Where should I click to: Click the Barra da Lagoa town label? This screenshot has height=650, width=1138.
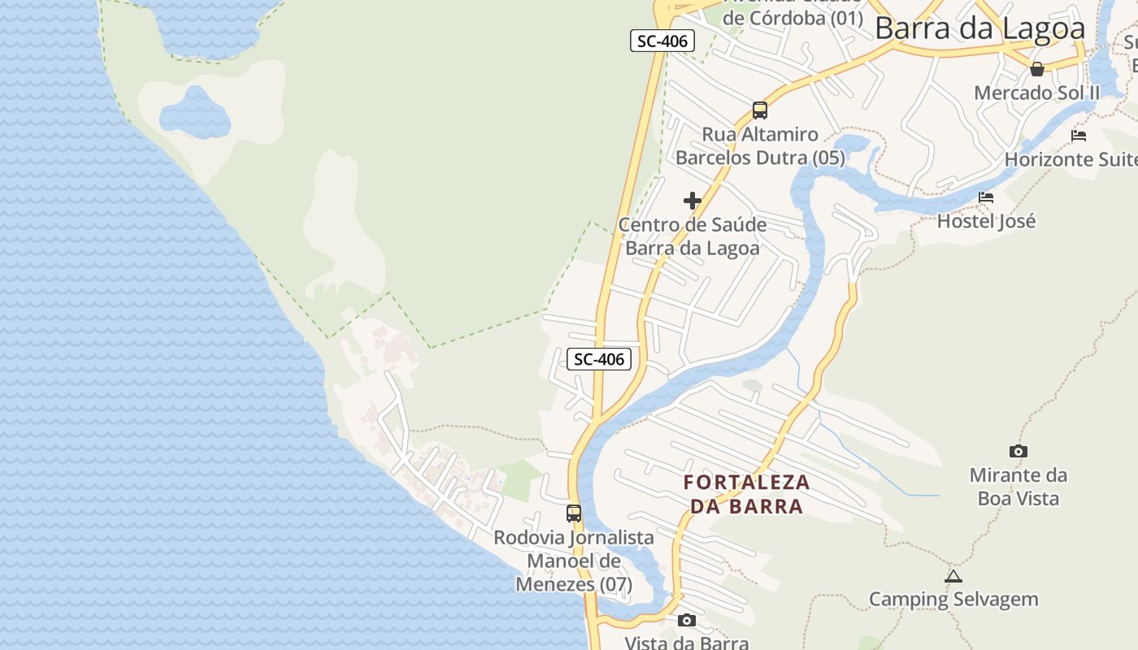click(x=979, y=28)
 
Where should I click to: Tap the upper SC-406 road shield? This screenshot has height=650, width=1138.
click(x=662, y=41)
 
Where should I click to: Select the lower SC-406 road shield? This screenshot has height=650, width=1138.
click(x=599, y=359)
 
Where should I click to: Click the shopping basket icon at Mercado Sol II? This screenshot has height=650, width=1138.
click(x=1037, y=69)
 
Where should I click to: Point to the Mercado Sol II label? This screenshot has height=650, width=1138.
click(x=1036, y=93)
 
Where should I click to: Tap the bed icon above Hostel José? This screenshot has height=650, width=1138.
click(x=986, y=197)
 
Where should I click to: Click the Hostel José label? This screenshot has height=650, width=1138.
click(x=986, y=221)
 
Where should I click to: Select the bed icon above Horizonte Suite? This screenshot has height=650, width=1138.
click(x=1079, y=136)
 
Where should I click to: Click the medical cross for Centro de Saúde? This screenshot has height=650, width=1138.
click(x=693, y=201)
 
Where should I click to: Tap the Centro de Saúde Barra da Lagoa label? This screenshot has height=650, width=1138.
click(x=693, y=236)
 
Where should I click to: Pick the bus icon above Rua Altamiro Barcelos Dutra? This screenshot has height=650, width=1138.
click(x=760, y=110)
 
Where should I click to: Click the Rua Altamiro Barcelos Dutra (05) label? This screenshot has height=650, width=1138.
click(x=760, y=146)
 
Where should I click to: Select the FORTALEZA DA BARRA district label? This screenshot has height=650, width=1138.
click(x=747, y=494)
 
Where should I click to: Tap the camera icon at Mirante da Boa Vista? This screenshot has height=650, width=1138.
click(x=1018, y=452)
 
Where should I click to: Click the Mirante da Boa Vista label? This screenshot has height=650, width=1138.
click(x=1018, y=486)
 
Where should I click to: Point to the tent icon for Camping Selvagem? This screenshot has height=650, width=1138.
click(x=953, y=577)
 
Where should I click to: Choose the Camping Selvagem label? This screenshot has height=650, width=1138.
click(x=953, y=600)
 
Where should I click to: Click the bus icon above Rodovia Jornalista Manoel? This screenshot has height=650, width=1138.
click(x=574, y=513)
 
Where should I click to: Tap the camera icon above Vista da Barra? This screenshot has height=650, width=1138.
click(x=687, y=621)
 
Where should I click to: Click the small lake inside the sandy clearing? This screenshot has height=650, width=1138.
click(x=195, y=114)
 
